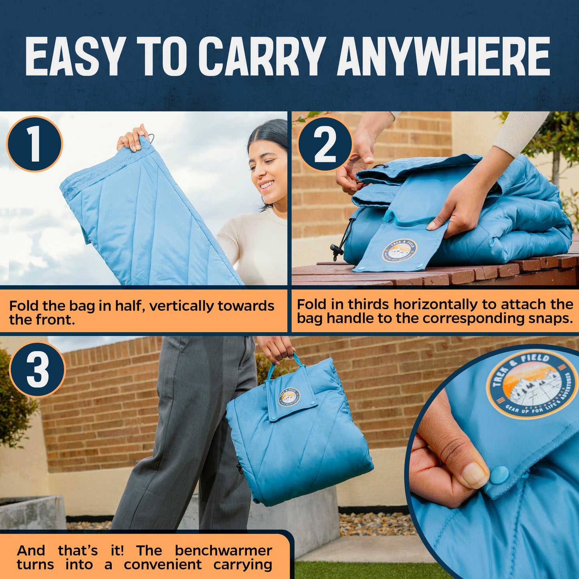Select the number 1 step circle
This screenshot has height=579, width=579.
click(x=34, y=144)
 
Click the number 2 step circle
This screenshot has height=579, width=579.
click(x=325, y=144)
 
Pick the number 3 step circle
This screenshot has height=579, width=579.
click(x=37, y=369)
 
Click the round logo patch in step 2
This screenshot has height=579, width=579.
click(x=399, y=251)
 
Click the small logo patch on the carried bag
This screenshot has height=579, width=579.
click(x=289, y=397)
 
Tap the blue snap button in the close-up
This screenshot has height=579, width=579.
click(x=499, y=475)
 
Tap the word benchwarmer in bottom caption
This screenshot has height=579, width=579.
click(x=224, y=551)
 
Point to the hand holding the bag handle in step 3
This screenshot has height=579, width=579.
click(x=276, y=348)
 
